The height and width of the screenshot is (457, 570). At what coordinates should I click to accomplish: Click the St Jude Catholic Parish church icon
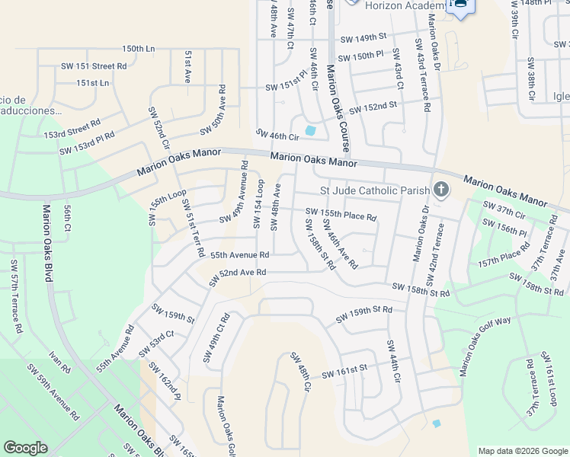click(x=440, y=189)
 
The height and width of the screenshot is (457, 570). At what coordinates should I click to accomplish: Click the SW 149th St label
click(x=364, y=37)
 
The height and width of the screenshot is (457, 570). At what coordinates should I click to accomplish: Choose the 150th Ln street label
click(x=138, y=49)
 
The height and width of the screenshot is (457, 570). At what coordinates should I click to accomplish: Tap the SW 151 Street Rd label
click(x=94, y=67)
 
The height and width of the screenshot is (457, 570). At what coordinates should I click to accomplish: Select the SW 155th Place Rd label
click(x=341, y=215)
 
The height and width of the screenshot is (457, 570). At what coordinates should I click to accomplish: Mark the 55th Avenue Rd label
click(x=240, y=255)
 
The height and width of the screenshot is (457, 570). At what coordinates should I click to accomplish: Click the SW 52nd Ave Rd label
click(x=238, y=273)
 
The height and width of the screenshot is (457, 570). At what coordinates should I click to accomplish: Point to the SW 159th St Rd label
click(x=364, y=312)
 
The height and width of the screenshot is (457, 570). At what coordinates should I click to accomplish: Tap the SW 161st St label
click(x=344, y=370)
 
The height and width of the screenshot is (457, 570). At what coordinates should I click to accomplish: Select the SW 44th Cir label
click(x=394, y=362)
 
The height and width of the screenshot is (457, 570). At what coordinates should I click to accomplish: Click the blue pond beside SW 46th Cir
click(x=310, y=131)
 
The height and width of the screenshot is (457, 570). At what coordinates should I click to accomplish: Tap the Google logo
click(x=25, y=448)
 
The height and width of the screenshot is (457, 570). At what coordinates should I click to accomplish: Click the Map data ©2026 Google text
click(x=521, y=450)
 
